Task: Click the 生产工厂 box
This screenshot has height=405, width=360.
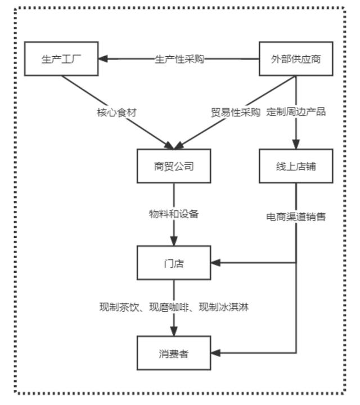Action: click(x=62, y=58)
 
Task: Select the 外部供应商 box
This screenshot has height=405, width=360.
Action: click(x=295, y=58)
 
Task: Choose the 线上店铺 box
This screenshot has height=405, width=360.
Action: click(x=295, y=166)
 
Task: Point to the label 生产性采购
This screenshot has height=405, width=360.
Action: click(x=179, y=59)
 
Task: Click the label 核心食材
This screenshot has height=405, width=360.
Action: click(x=116, y=111)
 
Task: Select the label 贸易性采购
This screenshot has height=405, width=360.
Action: click(x=236, y=111)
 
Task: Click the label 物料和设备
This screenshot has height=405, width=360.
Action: click(x=174, y=214)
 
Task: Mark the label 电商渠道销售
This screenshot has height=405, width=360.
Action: click(x=296, y=215)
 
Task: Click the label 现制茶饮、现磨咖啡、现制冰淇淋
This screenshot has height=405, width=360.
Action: click(x=174, y=307)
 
